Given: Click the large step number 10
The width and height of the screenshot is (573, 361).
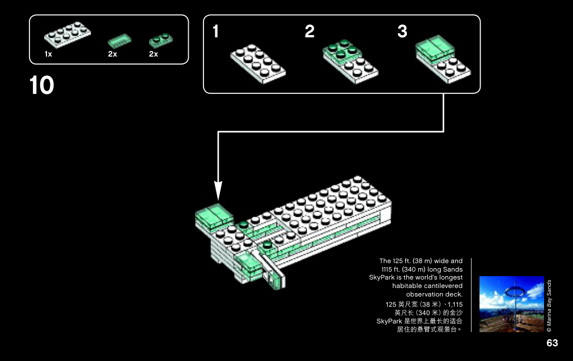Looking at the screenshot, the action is pos(42,85).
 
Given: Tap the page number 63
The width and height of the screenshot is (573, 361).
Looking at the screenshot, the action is pos(552,343).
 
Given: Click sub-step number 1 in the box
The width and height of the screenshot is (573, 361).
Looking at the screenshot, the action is pos(215,31).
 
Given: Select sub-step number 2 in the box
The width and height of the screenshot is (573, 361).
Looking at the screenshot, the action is pos(309,31).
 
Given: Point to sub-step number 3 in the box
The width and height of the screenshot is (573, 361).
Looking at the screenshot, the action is pos(402,31).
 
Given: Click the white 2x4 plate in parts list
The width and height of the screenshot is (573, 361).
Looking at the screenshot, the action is pos(67,35).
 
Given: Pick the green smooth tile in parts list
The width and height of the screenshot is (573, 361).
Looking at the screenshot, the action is pos(120,41).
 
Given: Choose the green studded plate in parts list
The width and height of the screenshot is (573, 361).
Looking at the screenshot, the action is pos(161,40).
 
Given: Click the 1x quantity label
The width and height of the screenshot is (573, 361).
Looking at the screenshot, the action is pos(48,54).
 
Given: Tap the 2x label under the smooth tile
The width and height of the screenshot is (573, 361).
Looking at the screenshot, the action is pos(113,54).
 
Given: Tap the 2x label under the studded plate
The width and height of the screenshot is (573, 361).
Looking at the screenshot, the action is pos(154,54).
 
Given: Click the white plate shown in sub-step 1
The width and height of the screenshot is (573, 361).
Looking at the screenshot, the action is pos(258,64).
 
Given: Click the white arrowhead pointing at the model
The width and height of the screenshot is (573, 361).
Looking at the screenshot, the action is pos(218,191).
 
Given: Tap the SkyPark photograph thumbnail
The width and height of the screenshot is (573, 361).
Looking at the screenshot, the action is pos(512,304).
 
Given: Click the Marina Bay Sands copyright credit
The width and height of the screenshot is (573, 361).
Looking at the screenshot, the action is pos(549,306).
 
